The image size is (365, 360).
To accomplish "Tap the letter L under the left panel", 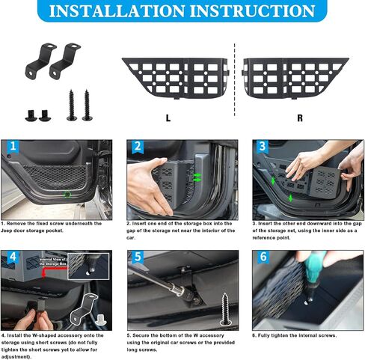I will click(167, 118).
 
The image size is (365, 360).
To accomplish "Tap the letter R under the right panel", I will click(299, 118).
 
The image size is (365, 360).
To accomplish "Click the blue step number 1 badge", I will click(13, 147).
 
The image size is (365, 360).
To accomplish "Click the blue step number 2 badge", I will click(138, 147).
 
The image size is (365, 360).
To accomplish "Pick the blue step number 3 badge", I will click(262, 147).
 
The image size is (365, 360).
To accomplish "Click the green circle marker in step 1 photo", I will click(69, 194).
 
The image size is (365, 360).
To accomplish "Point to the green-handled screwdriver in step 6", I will click(313, 263).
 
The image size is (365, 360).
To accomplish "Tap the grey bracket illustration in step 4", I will click(85, 307).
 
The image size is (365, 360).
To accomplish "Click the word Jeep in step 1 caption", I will click(10, 230).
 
